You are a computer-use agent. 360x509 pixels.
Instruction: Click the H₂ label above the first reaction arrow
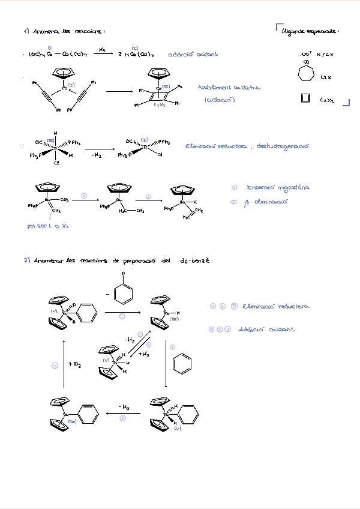click(103, 49)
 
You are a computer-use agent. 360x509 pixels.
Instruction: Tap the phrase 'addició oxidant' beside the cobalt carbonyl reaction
click(193, 54)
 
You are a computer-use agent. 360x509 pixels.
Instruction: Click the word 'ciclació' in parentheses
click(219, 100)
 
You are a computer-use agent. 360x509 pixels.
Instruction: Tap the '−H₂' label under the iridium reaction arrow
click(97, 155)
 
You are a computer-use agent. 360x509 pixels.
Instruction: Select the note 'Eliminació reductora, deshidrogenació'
click(245, 146)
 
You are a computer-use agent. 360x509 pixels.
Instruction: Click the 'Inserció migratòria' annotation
click(278, 188)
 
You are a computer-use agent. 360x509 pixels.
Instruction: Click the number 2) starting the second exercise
click(27, 261)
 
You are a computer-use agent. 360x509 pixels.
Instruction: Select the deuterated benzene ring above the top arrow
click(122, 292)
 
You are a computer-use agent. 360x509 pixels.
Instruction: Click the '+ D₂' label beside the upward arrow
click(75, 364)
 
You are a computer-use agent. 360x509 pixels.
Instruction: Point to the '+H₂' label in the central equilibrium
click(144, 355)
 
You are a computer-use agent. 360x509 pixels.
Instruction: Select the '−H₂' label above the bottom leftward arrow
click(124, 407)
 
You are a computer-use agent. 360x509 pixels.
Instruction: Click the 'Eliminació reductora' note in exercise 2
click(276, 307)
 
